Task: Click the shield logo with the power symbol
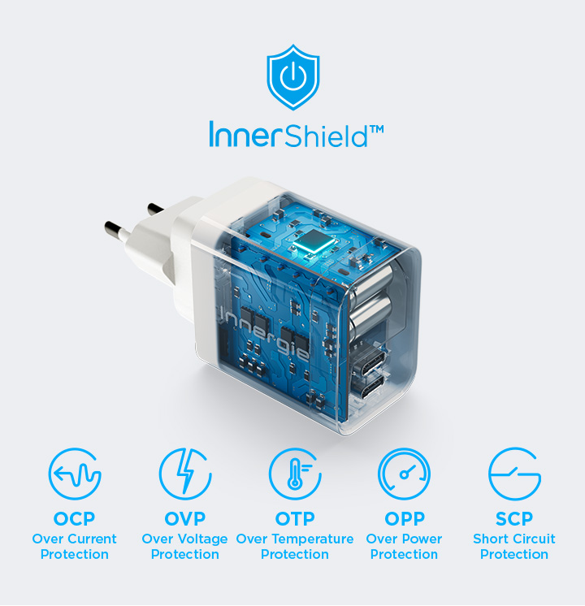point(293,77)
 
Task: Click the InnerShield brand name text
point(288,135)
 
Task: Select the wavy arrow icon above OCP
point(75,474)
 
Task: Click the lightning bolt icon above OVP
point(185,474)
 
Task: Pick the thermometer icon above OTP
point(295,474)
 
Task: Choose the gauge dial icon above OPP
point(404,474)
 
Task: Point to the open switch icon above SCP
point(514,474)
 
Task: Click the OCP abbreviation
point(74,518)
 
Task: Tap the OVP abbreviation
point(184,518)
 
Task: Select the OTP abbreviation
point(295,518)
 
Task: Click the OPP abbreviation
point(405,518)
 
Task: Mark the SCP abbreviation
point(514,518)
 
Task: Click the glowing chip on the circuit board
point(314,243)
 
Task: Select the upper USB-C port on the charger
point(369,361)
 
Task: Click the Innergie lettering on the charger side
point(265,331)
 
